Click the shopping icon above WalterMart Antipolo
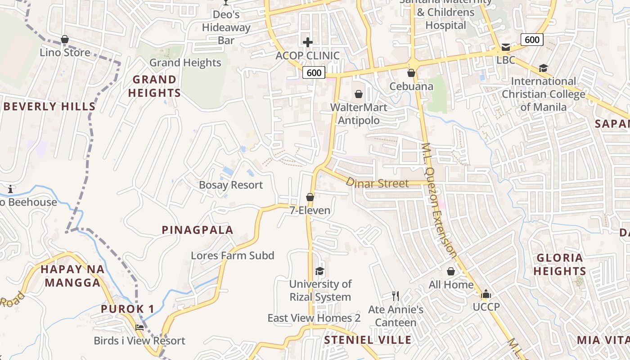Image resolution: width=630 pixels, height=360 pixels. tap(359, 94)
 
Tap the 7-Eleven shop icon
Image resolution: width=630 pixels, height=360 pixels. tap(310, 197)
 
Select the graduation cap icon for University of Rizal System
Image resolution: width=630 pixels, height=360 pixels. tap(319, 271)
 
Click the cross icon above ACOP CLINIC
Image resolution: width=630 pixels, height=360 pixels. tap(308, 42)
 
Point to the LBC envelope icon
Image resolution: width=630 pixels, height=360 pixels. tap(505, 47)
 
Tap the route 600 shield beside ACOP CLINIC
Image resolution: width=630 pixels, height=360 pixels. tap(314, 72)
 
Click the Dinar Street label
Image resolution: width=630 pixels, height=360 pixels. tap(377, 183)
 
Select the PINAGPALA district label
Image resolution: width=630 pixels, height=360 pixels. tap(197, 230)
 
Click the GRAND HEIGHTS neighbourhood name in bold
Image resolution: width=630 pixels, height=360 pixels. tap(154, 86)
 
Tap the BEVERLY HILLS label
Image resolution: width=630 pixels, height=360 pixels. tap(49, 107)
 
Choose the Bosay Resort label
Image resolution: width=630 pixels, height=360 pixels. tap(231, 185)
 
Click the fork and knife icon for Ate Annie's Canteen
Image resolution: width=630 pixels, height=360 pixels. tap(396, 296)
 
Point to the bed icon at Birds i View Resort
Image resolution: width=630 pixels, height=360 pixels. tap(139, 327)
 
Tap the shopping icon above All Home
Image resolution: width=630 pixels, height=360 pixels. tap(450, 271)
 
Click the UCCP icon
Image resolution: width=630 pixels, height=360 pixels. tap(486, 294)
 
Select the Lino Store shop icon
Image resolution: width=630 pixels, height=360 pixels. tap(65, 40)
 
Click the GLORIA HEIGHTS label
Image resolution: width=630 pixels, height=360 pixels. tap(560, 264)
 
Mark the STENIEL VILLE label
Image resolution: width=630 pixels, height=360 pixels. tap(368, 340)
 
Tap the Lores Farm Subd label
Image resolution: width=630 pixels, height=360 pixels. tap(232, 256)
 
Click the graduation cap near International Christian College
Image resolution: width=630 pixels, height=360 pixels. tap(543, 68)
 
